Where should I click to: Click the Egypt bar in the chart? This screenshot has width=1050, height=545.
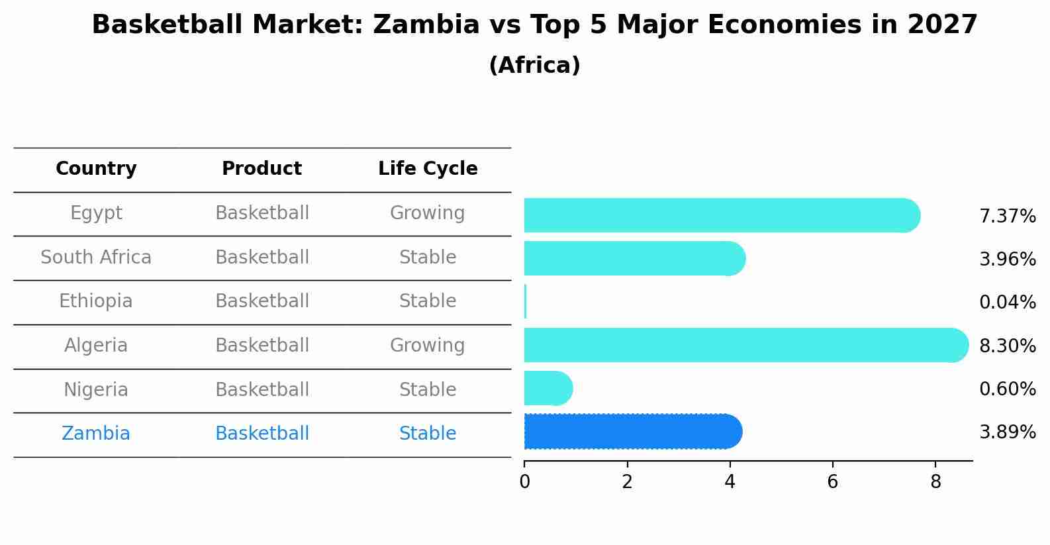coord(722,215)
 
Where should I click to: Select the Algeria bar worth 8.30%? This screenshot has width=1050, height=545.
coord(745,345)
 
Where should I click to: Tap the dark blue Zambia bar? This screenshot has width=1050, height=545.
coord(632,432)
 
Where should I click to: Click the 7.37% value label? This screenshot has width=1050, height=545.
coord(1007,217)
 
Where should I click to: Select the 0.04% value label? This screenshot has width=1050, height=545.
coord(1007,303)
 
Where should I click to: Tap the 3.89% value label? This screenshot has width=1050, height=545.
coord(1007,432)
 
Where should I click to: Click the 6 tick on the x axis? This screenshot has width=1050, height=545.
coord(832,482)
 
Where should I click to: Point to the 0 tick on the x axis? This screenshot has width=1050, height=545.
coord(524,482)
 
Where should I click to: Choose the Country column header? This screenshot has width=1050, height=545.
coord(96,169)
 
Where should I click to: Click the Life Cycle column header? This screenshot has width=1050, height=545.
coord(428,169)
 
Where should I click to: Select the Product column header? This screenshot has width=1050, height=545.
coord(262,169)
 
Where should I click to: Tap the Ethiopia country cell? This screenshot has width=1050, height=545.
coord(96,301)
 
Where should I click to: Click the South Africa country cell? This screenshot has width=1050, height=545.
coord(96,258)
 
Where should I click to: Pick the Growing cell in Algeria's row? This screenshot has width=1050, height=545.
coord(427,346)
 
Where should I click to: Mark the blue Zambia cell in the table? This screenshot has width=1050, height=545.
coord(96,434)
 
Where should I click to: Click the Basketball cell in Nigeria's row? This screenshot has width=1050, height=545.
coord(262,390)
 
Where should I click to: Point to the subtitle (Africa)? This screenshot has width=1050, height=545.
coord(534,66)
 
